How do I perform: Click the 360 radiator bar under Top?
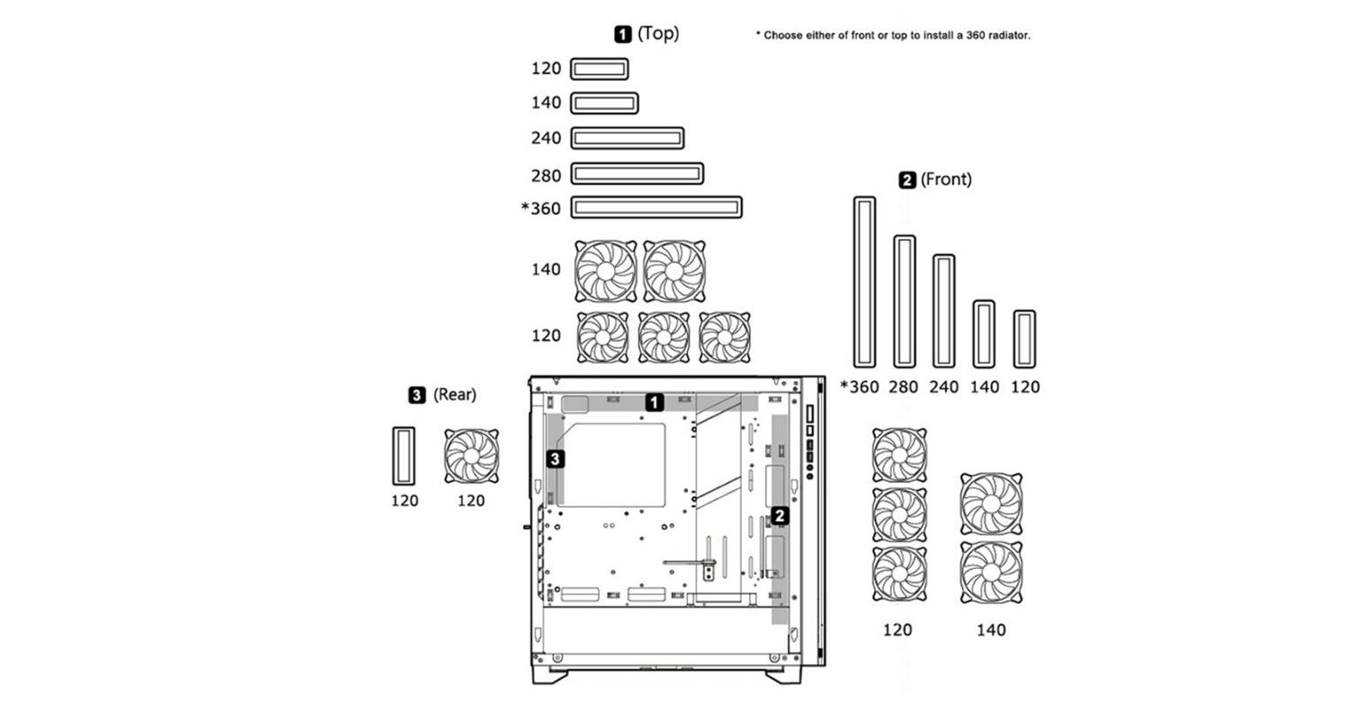(x=656, y=207)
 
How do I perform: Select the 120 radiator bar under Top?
(x=599, y=69)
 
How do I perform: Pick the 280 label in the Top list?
(x=546, y=176)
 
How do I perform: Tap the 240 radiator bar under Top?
(x=627, y=137)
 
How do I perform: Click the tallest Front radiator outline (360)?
(x=864, y=282)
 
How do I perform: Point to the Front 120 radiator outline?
(x=1025, y=338)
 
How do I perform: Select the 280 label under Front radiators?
(x=903, y=387)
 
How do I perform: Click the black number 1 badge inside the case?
(x=654, y=402)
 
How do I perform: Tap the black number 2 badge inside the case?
(x=780, y=515)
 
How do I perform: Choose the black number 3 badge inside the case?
(x=555, y=459)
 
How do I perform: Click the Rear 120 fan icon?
(x=471, y=456)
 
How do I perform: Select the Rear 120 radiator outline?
(x=403, y=455)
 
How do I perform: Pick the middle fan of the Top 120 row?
(x=663, y=337)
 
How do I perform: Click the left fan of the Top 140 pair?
(x=606, y=271)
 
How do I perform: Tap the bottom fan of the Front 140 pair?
(x=991, y=572)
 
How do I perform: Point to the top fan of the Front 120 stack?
(x=899, y=454)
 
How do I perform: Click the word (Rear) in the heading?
(x=454, y=395)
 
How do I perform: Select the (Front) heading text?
(x=946, y=179)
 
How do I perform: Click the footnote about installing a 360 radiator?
(x=892, y=36)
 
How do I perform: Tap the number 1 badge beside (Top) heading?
(x=623, y=34)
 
